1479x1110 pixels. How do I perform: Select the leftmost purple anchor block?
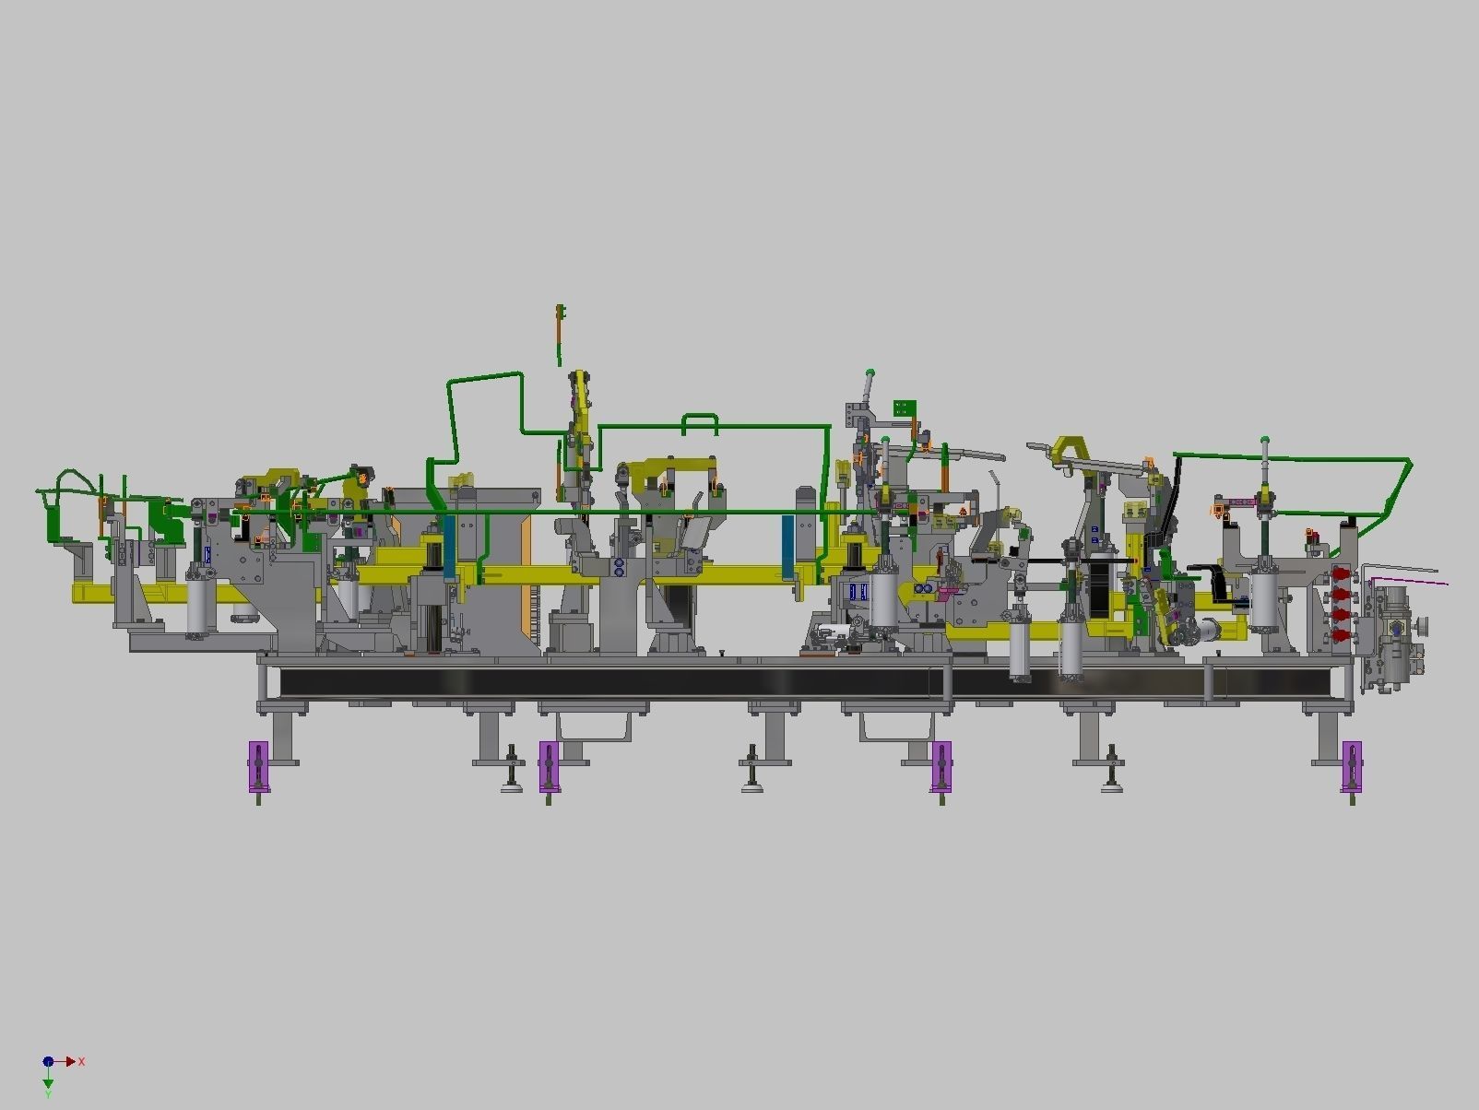pos(258,766)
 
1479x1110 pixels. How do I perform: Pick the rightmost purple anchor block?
pos(1353,766)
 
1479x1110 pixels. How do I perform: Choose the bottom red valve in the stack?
pos(1337,634)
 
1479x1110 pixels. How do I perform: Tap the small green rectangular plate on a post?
pos(905,407)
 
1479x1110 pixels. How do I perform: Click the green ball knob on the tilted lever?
pos(870,373)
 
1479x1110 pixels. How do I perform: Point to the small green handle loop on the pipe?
pos(700,423)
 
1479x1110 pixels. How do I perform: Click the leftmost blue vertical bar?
pos(450,547)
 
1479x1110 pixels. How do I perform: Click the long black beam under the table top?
pos(609,682)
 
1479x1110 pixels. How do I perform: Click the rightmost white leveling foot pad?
pos(1111,786)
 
